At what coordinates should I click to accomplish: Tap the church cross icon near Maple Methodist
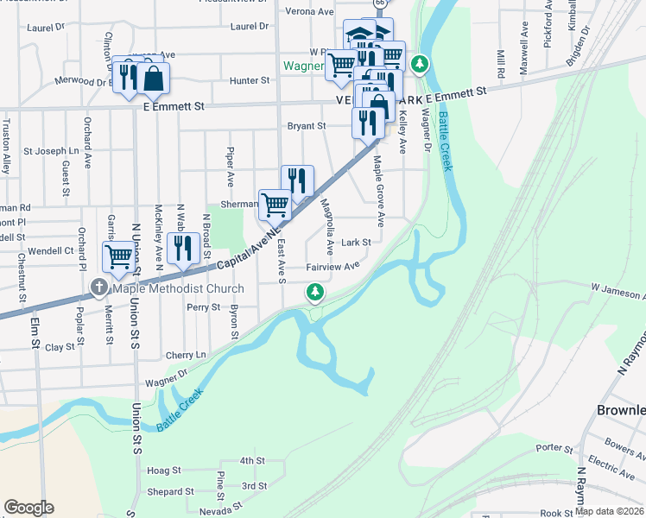point(99,288)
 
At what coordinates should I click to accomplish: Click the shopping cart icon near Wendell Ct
point(118,256)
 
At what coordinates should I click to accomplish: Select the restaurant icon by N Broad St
point(182,249)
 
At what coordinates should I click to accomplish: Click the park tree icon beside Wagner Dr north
point(419,63)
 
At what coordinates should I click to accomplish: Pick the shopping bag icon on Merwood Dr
point(153,79)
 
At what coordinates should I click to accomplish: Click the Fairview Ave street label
point(332,267)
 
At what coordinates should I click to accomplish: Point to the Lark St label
point(356,243)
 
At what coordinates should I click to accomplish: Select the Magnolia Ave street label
point(327,222)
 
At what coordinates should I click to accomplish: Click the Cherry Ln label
point(186,355)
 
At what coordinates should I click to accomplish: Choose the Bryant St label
point(307,125)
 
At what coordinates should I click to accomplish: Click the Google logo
point(28,508)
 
